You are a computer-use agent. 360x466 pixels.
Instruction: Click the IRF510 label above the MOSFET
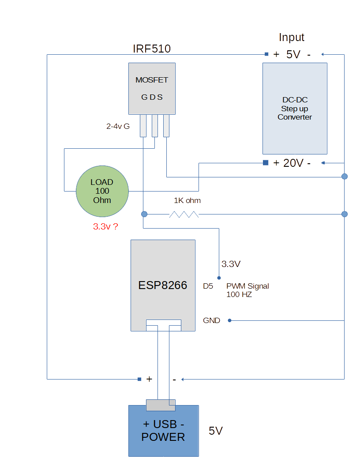point(152,49)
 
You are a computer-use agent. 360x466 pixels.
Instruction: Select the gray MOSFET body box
point(152,88)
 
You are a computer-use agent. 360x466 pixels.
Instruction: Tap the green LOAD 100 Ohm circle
point(102,191)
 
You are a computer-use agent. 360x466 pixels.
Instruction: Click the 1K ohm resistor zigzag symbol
point(184,214)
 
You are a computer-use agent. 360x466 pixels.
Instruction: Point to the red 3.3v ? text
point(105,227)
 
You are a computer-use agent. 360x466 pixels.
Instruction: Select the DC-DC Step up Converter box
point(295,108)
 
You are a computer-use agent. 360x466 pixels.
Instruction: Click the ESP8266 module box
point(163,285)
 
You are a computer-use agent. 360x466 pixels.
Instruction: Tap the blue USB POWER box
point(163,431)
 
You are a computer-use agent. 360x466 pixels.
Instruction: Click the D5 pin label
point(208,286)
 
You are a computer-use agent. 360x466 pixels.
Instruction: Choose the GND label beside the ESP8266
point(211,320)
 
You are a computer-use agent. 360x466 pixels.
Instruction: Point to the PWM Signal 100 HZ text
point(247,290)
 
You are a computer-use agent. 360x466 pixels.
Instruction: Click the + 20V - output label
point(292,163)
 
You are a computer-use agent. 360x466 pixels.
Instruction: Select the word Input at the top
point(292,38)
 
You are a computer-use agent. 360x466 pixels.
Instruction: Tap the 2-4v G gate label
point(118,126)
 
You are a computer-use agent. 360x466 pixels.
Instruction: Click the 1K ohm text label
point(187,200)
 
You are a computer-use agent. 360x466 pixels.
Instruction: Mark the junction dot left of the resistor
point(144,214)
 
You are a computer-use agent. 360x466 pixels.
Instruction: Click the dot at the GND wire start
point(230,320)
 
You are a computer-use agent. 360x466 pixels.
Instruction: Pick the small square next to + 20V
point(266,163)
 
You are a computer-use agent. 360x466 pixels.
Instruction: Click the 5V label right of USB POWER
point(216,431)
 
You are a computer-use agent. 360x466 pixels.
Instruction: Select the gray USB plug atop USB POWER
point(161,405)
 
